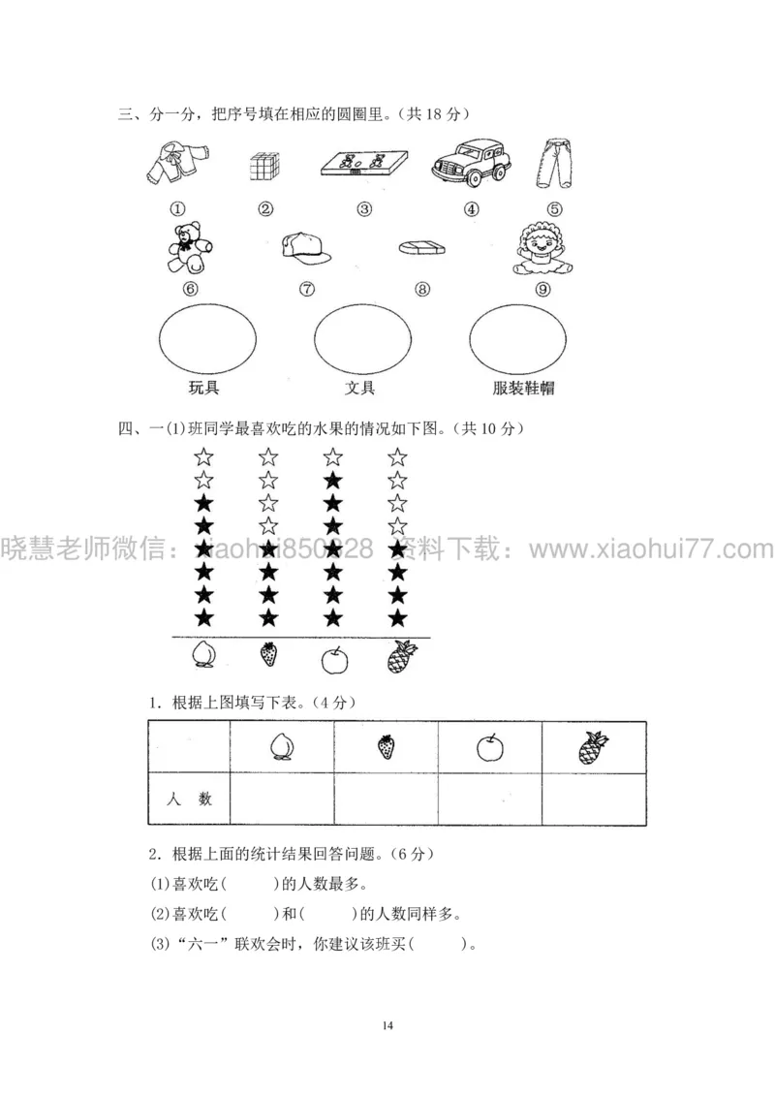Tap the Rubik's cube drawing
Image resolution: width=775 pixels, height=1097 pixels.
click(265, 167)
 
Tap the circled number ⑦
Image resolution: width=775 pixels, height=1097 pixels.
click(307, 288)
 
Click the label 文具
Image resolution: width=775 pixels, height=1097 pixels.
click(360, 390)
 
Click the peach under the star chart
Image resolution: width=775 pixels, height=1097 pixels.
click(204, 656)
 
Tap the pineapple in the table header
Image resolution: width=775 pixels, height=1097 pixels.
click(593, 747)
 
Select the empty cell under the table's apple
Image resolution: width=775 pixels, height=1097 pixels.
click(489, 799)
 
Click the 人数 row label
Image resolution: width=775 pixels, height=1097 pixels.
click(189, 800)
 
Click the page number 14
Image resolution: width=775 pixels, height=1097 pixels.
click(387, 1024)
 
